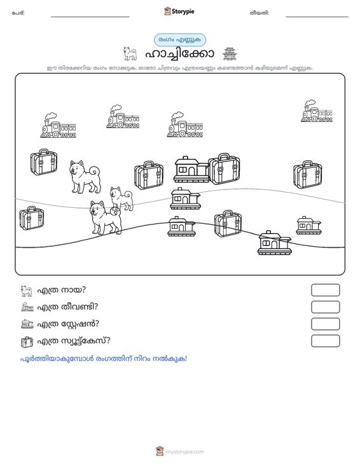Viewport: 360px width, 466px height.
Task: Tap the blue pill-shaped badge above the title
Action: pos(180,40)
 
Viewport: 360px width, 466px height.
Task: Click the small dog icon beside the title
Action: pos(130,54)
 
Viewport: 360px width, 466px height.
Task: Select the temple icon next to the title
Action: pos(230,54)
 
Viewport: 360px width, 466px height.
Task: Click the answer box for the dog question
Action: pos(325,290)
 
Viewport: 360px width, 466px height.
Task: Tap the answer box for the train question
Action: pos(325,307)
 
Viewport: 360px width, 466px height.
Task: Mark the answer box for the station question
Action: pos(325,324)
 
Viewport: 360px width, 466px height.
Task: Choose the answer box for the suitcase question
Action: pos(325,341)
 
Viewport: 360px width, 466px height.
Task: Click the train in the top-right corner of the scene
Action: pos(317,111)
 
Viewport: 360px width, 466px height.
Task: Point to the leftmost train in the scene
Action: pos(58,125)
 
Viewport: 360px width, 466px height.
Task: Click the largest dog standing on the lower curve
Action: pos(106,217)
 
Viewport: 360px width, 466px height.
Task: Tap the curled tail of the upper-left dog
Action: pos(95,171)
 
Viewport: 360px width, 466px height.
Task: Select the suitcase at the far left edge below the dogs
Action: pos(32,218)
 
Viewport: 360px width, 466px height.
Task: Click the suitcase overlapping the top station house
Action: pos(224,169)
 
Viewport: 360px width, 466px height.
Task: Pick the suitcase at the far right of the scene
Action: pos(307,174)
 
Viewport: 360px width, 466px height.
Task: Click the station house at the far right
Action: pos(309,225)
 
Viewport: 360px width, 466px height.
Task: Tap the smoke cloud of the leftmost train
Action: pos(50,116)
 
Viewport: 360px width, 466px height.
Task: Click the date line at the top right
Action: pos(317,17)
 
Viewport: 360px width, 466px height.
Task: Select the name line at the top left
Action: pos(90,17)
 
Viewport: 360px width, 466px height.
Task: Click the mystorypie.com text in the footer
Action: pos(185,452)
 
